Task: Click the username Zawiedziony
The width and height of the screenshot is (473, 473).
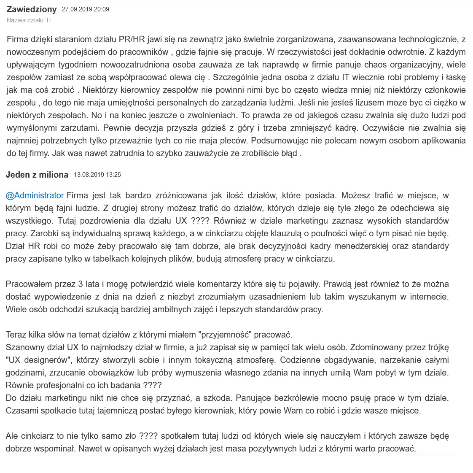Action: tap(32, 9)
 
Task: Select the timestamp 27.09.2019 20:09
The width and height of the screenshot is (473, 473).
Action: tap(85, 9)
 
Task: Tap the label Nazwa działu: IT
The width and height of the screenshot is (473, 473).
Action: tap(29, 20)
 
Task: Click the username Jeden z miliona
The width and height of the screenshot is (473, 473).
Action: tap(37, 175)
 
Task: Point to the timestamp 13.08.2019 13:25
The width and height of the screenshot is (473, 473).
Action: tap(97, 175)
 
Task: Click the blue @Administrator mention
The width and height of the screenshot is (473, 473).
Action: tap(35, 195)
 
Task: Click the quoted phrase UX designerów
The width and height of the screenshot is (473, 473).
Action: tap(40, 360)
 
